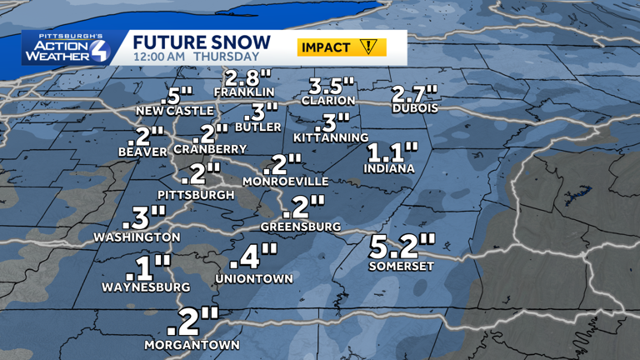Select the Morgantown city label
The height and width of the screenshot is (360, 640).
click(x=192, y=344)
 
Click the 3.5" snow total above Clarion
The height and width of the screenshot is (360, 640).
click(x=332, y=86)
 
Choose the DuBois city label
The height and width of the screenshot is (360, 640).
click(x=415, y=108)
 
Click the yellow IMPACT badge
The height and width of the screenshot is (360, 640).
click(x=342, y=47)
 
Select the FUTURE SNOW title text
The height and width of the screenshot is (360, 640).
click(x=202, y=42)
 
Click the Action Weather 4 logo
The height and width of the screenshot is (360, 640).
click(x=66, y=48)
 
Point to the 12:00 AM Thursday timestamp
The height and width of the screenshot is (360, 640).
click(x=196, y=57)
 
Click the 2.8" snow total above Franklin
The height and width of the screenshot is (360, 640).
click(x=245, y=78)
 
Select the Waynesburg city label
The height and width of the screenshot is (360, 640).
click(x=146, y=287)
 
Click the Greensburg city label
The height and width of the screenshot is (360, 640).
click(x=301, y=226)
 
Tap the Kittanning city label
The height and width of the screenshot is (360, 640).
click(x=331, y=137)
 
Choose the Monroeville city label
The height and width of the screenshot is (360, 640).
click(x=285, y=181)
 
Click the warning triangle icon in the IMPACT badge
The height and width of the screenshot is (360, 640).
click(x=367, y=47)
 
